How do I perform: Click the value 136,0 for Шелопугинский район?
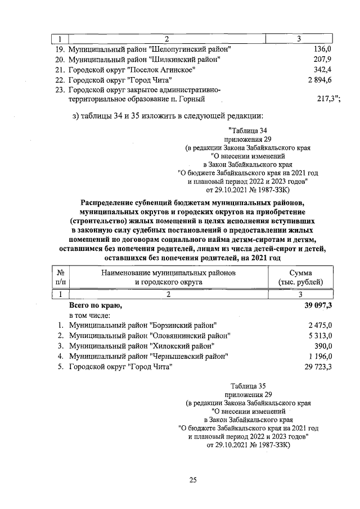coord(323,49)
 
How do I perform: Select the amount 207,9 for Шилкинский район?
coord(323,59)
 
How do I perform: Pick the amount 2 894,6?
coord(319,80)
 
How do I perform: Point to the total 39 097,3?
coord(318,305)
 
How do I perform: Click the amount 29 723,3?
coord(318,367)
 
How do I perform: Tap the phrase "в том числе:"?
coord(89,316)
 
